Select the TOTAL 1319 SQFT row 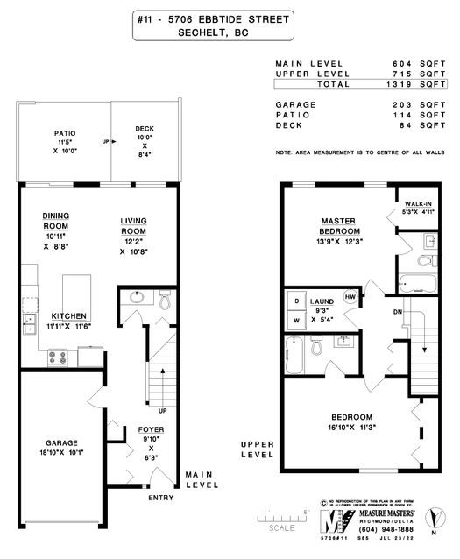[360, 84]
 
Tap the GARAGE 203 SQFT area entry [360, 104]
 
